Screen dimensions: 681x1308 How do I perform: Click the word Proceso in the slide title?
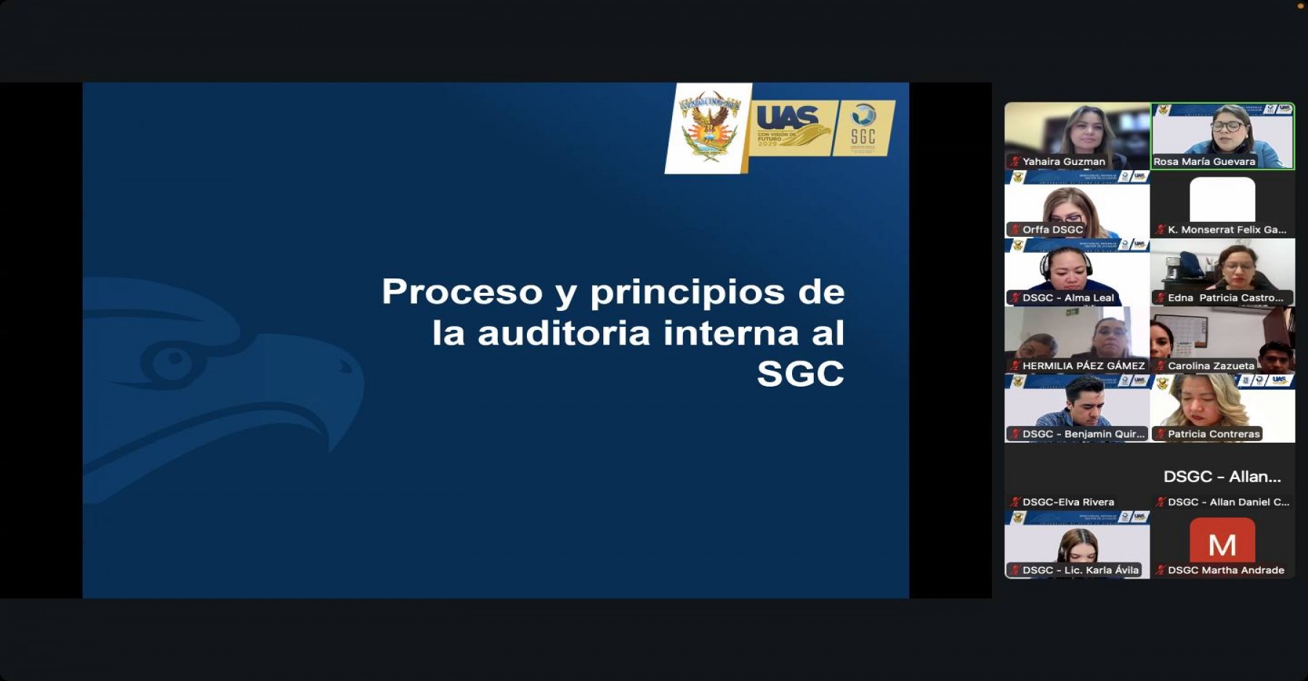(462, 292)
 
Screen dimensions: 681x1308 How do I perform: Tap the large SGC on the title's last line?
(800, 374)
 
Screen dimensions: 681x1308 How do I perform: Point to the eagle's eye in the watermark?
(173, 359)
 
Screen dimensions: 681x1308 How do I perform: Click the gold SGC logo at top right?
(863, 127)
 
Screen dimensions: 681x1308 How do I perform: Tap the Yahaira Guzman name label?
(1063, 162)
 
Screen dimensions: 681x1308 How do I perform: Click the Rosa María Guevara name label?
(1204, 162)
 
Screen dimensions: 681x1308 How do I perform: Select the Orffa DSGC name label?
(1052, 230)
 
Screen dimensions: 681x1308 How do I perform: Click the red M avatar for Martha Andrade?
(1222, 542)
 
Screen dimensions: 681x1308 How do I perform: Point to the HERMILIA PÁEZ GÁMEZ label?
(1083, 366)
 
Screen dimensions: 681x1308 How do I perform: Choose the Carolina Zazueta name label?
(1211, 366)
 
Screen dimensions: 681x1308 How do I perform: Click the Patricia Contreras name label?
(1214, 434)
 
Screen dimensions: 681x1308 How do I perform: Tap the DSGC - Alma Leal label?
(1067, 298)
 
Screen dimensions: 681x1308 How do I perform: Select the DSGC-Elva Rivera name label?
(1067, 502)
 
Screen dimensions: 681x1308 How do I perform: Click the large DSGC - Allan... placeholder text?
(1222, 477)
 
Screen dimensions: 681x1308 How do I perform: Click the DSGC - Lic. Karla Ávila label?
(1080, 571)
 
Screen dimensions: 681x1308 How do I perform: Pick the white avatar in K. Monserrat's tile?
(1222, 199)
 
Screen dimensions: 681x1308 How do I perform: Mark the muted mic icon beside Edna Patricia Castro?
(1160, 298)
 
